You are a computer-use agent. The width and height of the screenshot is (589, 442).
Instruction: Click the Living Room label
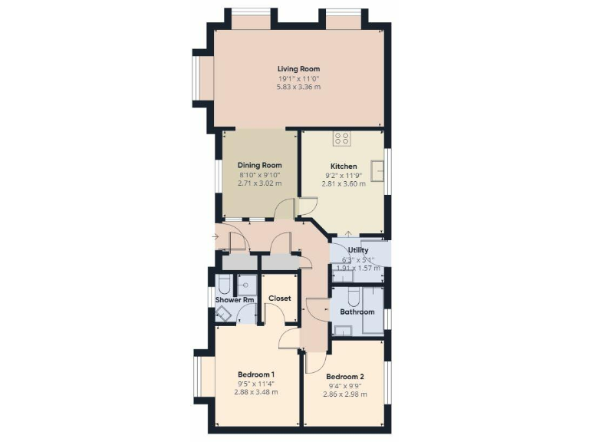click(x=298, y=69)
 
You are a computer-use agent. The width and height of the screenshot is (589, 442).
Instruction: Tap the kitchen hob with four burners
click(x=342, y=139)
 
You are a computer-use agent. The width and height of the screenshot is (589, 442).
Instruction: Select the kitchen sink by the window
click(x=378, y=170)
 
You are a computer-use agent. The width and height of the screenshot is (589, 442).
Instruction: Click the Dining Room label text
click(x=259, y=165)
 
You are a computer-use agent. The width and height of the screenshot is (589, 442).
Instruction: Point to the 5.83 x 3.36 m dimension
click(x=298, y=87)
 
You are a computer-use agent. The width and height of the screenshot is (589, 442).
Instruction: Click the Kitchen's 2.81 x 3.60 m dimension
click(x=344, y=184)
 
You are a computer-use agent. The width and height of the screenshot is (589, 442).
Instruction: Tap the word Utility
click(x=358, y=250)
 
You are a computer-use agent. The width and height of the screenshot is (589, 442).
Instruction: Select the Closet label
click(x=279, y=298)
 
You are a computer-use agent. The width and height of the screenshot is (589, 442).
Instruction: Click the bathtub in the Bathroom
click(x=373, y=311)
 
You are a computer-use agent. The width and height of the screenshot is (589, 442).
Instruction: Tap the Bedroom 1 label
click(x=256, y=374)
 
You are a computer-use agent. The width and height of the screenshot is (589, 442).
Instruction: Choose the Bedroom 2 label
click(x=344, y=377)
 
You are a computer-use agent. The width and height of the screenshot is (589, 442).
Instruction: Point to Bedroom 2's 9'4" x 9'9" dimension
click(x=344, y=386)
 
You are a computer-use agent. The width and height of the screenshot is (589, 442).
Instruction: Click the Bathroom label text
click(x=357, y=312)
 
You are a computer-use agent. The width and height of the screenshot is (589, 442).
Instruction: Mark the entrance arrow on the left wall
click(x=214, y=236)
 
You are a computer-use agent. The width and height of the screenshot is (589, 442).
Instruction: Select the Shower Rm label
click(x=235, y=300)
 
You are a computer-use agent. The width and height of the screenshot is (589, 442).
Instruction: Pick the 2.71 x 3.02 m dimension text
click(x=259, y=184)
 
